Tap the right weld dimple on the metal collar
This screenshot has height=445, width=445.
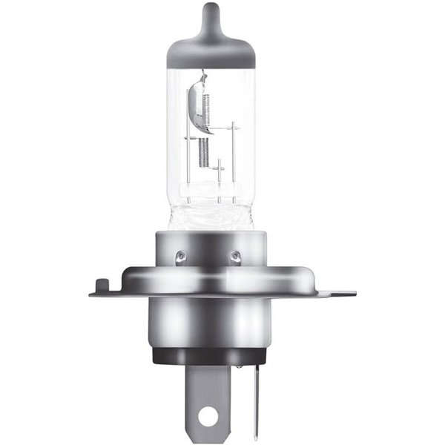pyautogui.click(x=236, y=257)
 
